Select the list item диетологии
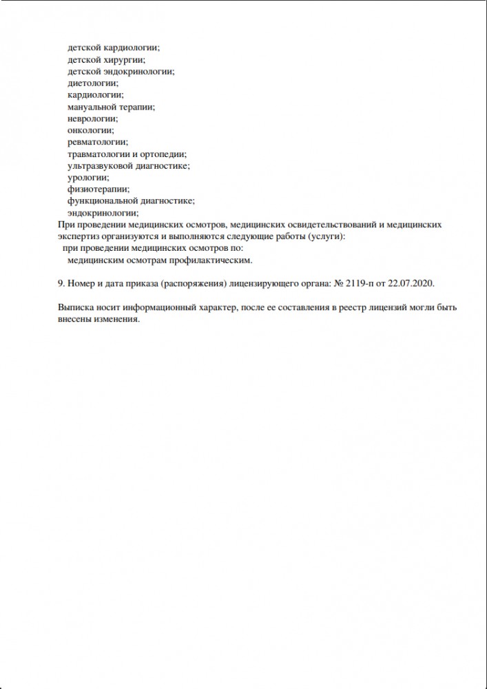(x=93, y=83)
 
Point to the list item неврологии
(x=92, y=119)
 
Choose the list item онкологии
(x=90, y=130)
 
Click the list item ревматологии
(x=98, y=142)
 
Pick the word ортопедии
(x=165, y=154)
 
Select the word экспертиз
(x=74, y=237)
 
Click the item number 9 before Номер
(x=57, y=284)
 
